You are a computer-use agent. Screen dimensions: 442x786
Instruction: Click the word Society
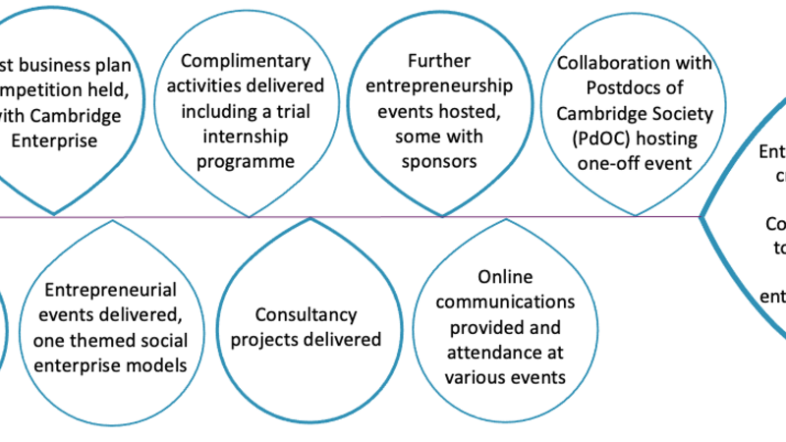tap(663, 111)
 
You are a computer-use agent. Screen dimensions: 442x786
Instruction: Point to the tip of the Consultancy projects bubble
tap(311, 218)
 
